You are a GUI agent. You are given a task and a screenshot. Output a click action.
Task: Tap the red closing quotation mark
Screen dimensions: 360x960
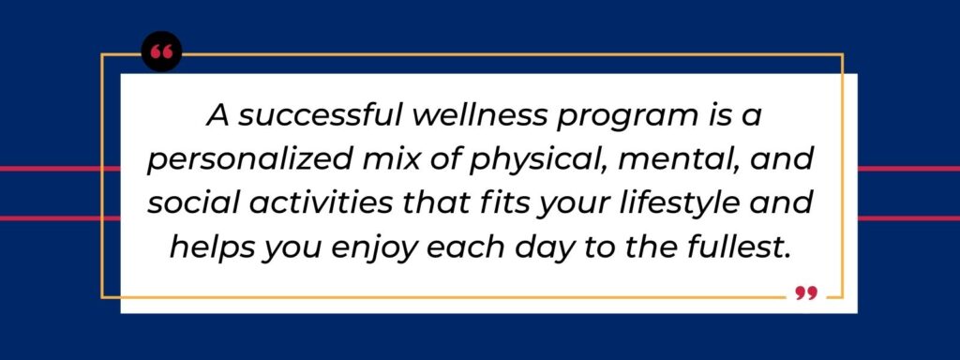point(806,294)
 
